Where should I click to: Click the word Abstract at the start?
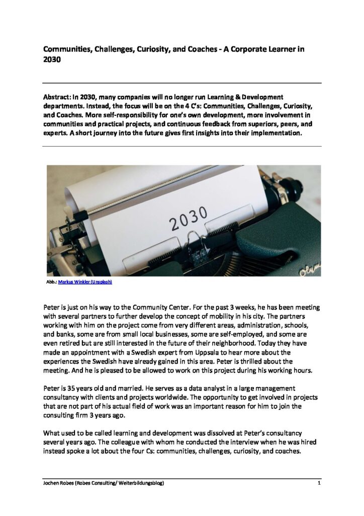coord(59,96)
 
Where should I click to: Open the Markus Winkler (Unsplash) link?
coord(85,283)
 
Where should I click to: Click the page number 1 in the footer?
coord(319,484)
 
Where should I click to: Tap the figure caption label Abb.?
coord(51,283)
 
